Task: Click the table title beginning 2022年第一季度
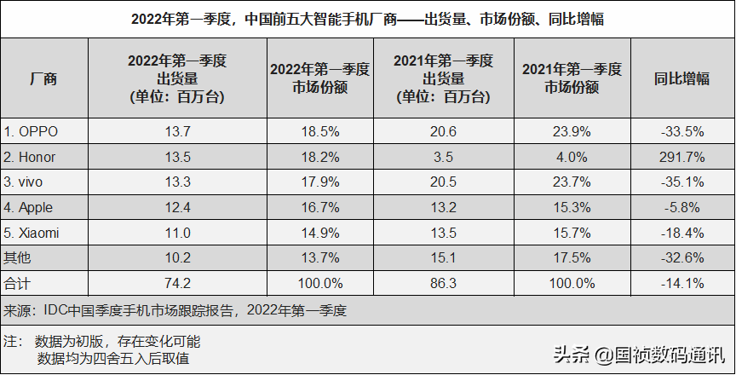(368, 19)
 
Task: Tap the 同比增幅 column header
(681, 79)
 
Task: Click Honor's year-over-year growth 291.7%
(681, 156)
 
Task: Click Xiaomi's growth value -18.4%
(681, 233)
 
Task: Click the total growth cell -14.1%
(681, 282)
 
